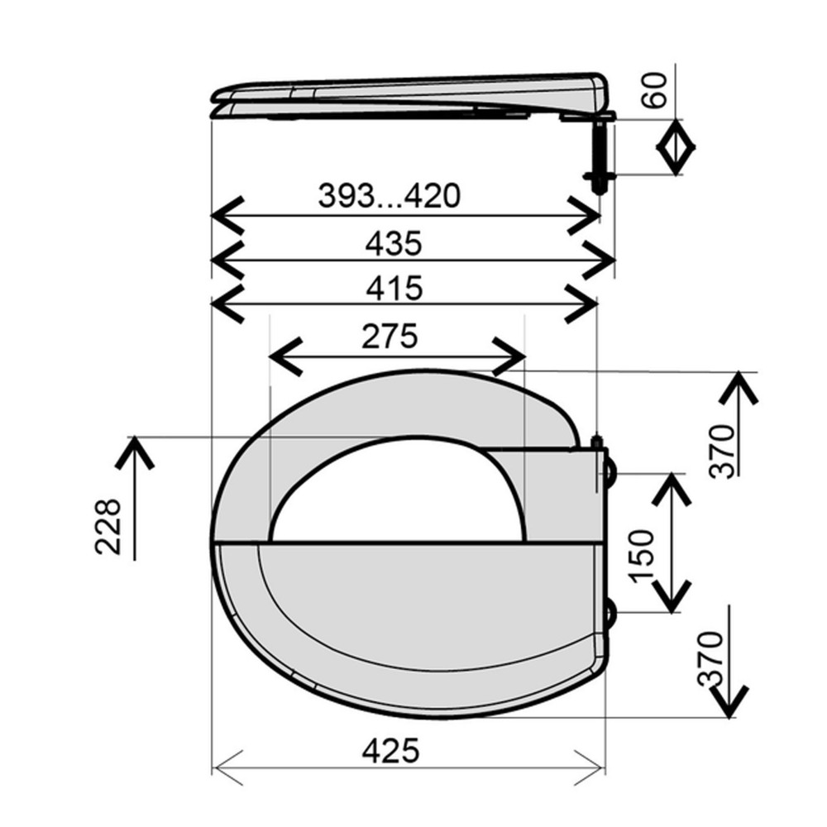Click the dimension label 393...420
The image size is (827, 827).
click(x=390, y=195)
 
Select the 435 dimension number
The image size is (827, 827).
click(x=394, y=244)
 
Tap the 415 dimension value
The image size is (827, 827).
click(x=394, y=288)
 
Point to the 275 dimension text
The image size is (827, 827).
click(x=390, y=336)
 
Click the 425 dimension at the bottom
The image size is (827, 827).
click(x=391, y=750)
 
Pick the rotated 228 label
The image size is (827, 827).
click(x=108, y=526)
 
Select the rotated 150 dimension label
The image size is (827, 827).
click(x=643, y=556)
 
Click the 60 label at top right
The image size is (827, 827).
click(x=654, y=91)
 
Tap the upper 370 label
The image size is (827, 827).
click(x=722, y=451)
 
